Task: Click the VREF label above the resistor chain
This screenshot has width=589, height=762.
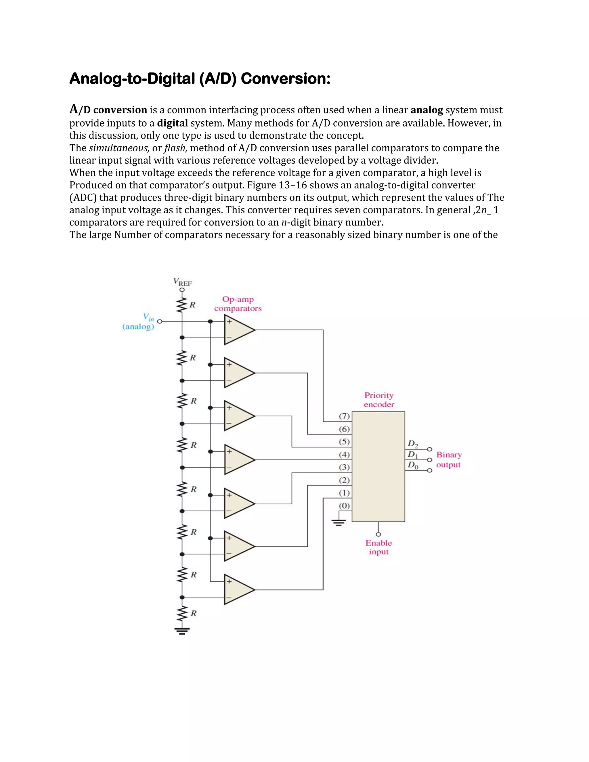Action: tap(183, 282)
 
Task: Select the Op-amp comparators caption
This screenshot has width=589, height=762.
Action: tap(238, 304)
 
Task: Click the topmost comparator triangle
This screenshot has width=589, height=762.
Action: tap(238, 330)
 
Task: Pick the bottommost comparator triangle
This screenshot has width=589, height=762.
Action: tap(238, 590)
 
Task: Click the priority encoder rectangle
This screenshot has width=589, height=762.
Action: tap(378, 466)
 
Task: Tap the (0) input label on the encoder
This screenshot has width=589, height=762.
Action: tap(344, 506)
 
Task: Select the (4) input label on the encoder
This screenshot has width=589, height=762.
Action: tap(344, 454)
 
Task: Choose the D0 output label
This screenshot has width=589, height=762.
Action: tap(413, 465)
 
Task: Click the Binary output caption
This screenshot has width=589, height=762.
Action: tap(449, 460)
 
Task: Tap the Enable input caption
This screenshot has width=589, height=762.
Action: tap(378, 547)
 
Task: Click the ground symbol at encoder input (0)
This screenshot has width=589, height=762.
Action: tap(339, 522)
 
